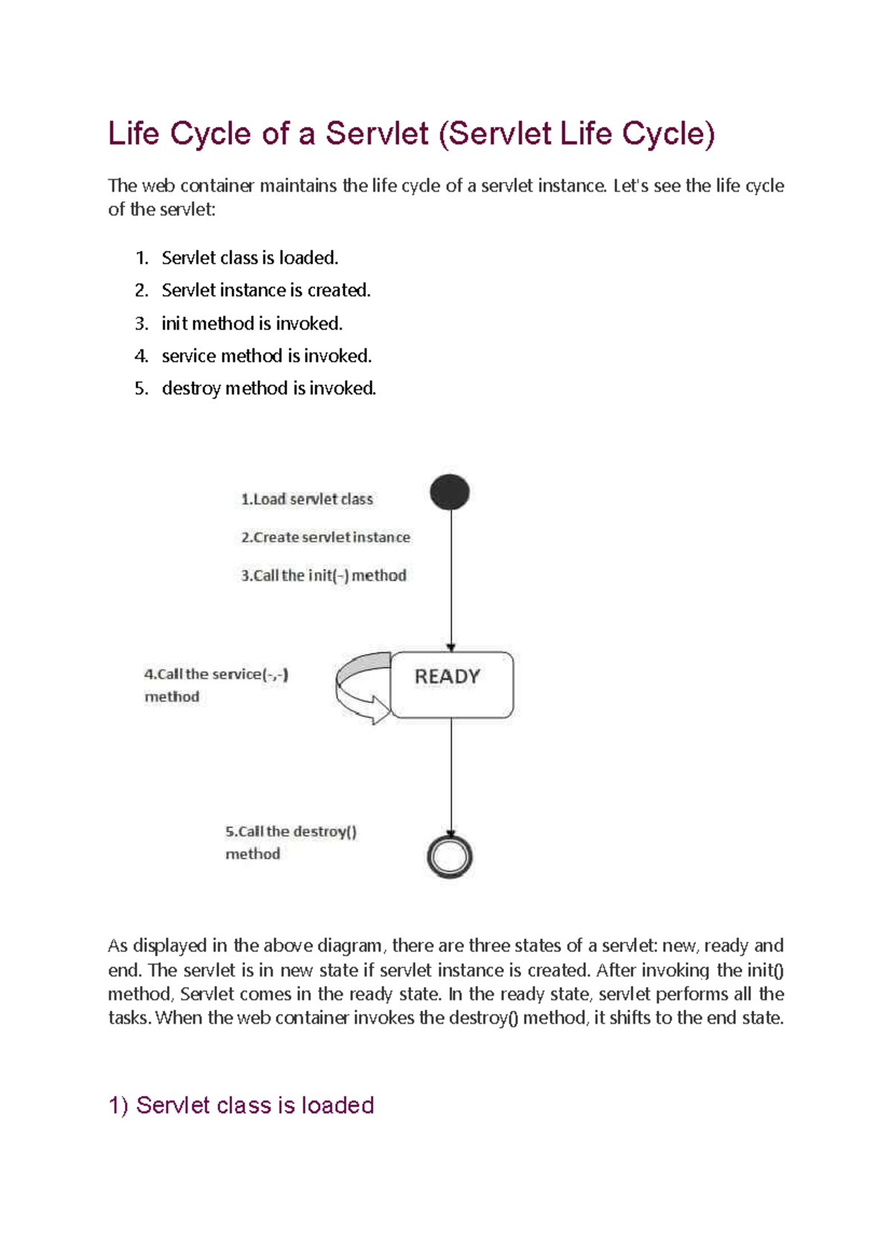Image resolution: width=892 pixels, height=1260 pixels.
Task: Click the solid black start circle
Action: point(450,492)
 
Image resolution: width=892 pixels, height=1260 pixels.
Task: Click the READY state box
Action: point(452,684)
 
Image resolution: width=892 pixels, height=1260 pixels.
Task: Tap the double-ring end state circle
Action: point(450,857)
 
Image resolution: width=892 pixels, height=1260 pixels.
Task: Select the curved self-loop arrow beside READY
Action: point(361,687)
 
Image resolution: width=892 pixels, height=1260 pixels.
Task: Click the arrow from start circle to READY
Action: point(451,579)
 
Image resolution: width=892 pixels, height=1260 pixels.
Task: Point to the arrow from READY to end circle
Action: point(451,776)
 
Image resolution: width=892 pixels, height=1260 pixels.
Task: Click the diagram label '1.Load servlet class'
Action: point(307,499)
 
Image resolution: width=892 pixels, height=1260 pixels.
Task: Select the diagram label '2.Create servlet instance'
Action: point(326,537)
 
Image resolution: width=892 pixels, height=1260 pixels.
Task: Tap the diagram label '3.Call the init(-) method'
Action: point(323,576)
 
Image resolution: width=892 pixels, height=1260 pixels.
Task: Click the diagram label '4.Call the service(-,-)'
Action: point(216,675)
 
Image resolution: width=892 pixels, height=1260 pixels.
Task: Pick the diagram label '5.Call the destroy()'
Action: point(291,832)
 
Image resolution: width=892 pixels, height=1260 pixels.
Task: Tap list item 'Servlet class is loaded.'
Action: point(250,258)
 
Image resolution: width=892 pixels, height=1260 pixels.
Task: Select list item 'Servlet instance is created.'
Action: point(266,290)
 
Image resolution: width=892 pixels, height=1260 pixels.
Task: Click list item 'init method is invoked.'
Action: point(252,323)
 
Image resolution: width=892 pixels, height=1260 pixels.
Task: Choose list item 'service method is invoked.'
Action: point(267,356)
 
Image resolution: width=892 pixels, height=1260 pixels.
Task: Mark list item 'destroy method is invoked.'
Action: point(269,389)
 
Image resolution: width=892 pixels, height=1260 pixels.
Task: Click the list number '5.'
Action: point(141,389)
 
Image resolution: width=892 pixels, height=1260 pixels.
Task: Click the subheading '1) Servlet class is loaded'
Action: point(242,1105)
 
